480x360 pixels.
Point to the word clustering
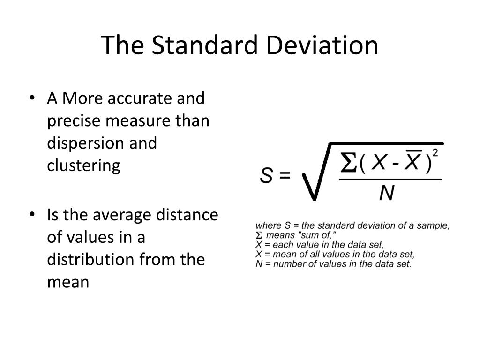click(83, 165)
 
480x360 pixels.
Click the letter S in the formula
click(267, 176)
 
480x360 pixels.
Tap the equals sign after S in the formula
click(285, 176)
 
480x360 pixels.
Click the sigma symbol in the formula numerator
click(347, 163)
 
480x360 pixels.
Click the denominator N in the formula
click(387, 192)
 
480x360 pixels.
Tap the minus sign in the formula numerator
click(395, 164)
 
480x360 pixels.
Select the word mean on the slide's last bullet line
click(68, 282)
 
